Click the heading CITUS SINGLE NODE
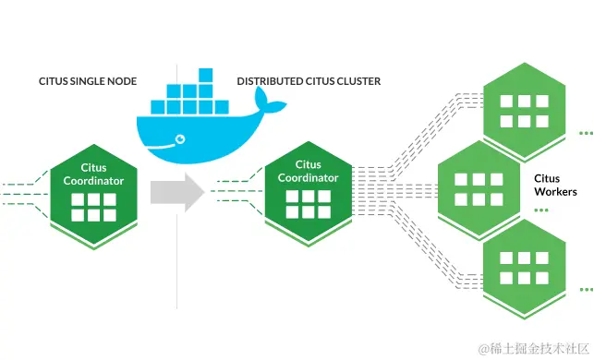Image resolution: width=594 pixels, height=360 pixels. point(87,81)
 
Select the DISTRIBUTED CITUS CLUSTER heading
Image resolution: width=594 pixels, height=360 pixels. point(309,81)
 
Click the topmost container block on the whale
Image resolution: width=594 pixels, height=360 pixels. point(204,74)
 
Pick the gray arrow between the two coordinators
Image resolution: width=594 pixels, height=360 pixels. point(177,192)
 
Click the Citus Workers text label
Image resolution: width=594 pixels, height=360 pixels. point(555,185)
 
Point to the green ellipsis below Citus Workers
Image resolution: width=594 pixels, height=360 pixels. point(540,210)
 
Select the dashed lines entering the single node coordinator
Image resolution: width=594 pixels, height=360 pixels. point(23,192)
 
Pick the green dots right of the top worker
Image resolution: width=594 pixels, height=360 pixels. point(585,134)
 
